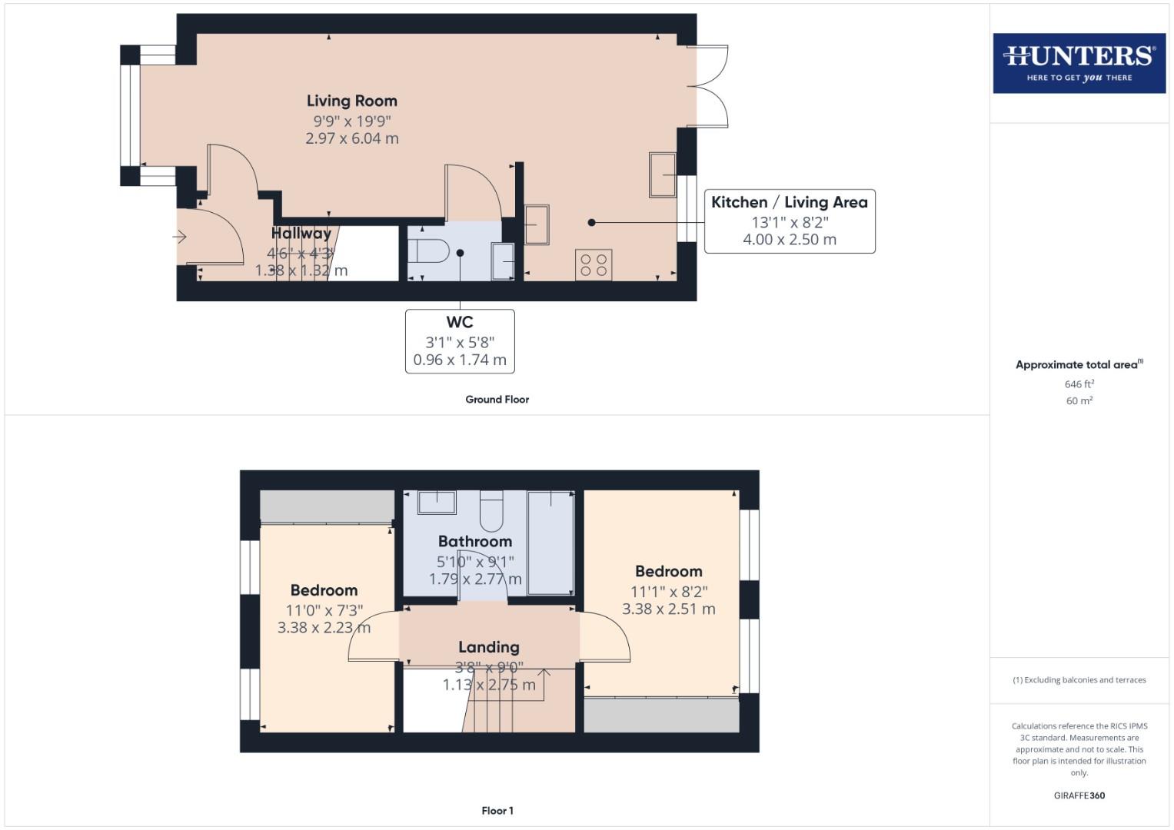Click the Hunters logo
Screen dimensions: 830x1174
click(x=1079, y=63)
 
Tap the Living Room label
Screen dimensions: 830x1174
click(x=352, y=101)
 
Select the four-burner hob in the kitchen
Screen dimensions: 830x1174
click(x=594, y=265)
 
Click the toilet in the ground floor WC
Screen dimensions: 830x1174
click(x=428, y=251)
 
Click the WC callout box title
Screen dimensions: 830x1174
click(x=460, y=323)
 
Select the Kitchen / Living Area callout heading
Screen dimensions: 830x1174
click(x=789, y=202)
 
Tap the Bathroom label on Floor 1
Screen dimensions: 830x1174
click(x=475, y=542)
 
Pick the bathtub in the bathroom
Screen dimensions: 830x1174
click(x=550, y=543)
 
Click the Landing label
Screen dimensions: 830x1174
click(x=489, y=647)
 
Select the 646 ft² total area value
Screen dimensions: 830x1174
click(x=1079, y=384)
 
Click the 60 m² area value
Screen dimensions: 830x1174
click(x=1079, y=401)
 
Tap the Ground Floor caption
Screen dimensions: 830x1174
click(x=497, y=400)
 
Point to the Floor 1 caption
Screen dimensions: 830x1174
click(x=497, y=811)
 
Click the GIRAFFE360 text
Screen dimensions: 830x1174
click(x=1079, y=796)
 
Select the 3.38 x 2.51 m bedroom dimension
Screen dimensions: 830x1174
click(x=669, y=609)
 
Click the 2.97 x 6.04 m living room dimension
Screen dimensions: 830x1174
click(x=352, y=139)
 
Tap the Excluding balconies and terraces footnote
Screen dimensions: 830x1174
click(x=1079, y=680)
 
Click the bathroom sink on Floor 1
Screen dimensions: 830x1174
click(x=437, y=503)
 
